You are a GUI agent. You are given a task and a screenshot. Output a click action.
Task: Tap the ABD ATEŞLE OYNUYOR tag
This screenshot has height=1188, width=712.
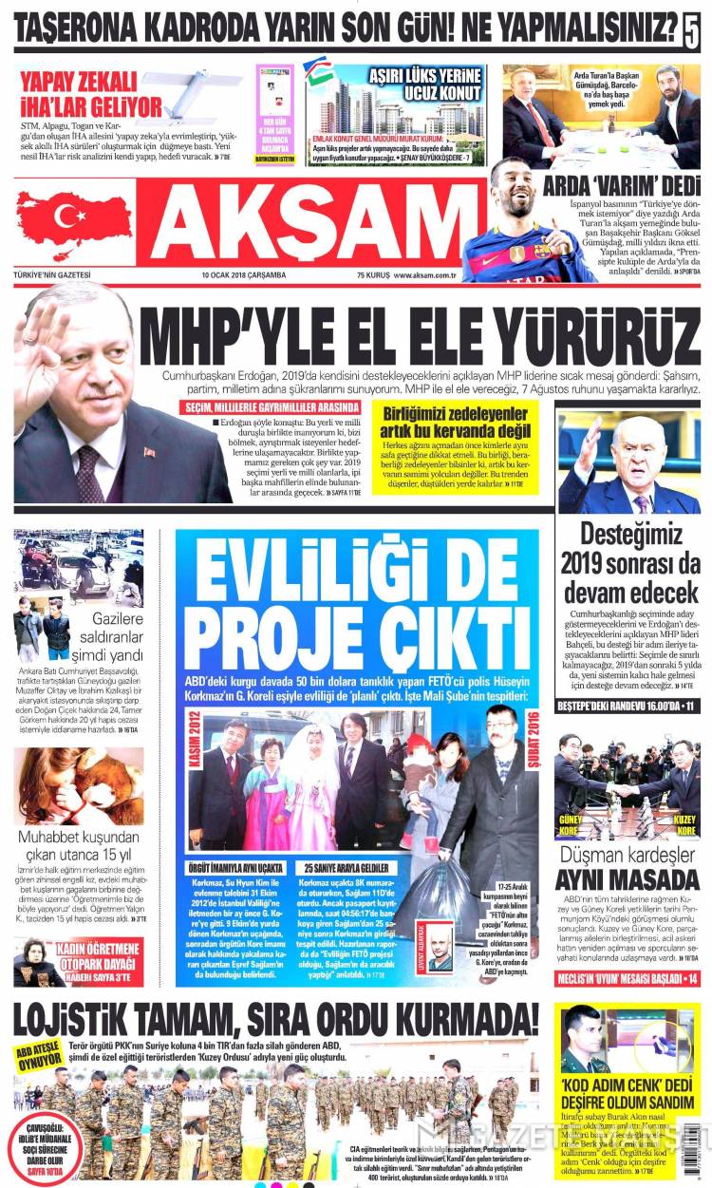coord(37,1055)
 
